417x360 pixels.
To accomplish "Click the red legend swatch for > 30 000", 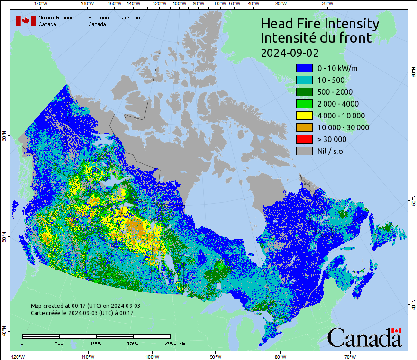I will (x=304, y=139).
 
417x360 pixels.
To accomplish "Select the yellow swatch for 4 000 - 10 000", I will (x=304, y=116).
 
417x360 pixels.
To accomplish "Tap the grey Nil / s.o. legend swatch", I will (x=304, y=151).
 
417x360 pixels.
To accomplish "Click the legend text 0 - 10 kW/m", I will (x=337, y=68).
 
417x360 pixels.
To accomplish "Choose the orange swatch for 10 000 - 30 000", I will (x=304, y=127).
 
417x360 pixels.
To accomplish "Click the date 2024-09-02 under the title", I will (x=290, y=52).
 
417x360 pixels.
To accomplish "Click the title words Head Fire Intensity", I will (x=320, y=24).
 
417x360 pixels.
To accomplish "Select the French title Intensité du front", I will (x=316, y=38).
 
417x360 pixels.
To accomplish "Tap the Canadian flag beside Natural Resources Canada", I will (x=26, y=21).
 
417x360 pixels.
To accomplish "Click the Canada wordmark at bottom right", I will (x=365, y=337).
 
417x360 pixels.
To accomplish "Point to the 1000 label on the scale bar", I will (x=96, y=343).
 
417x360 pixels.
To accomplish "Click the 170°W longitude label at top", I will (x=41, y=3).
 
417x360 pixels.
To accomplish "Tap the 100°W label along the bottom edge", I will (x=153, y=356).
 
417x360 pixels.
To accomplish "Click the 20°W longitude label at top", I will (x=326, y=3).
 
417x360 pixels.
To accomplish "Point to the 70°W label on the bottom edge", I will (x=350, y=356).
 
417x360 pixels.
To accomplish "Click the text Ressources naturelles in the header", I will (x=114, y=18).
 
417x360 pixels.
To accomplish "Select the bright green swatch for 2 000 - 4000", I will (x=304, y=104).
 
